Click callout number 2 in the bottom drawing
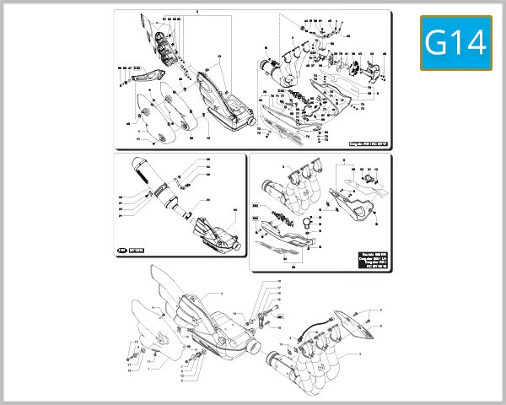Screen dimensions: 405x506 220,293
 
